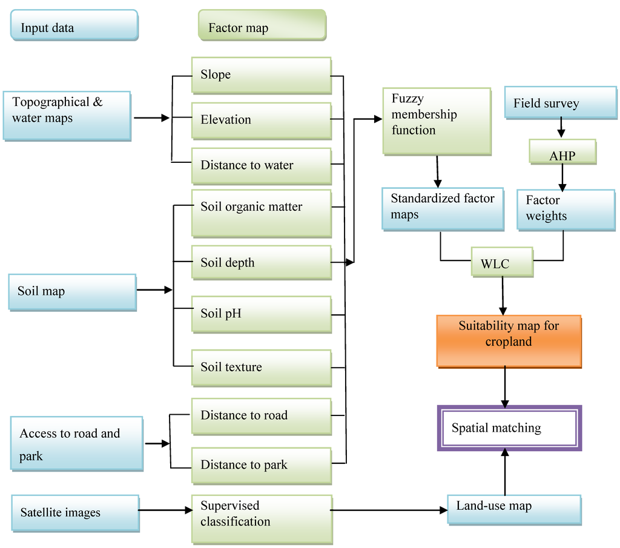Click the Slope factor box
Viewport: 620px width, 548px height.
(x=261, y=75)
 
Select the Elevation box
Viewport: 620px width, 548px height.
(x=261, y=120)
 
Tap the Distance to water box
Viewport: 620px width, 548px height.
(x=261, y=165)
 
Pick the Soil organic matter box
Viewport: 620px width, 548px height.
(x=261, y=213)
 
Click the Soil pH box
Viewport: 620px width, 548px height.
(x=261, y=314)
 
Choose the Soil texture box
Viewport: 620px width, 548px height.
(x=261, y=368)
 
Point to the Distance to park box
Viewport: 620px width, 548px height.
(x=261, y=465)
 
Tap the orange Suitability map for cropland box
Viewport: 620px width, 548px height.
(x=509, y=341)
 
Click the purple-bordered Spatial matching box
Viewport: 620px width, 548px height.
(x=509, y=428)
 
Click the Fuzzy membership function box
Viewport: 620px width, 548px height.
(x=437, y=120)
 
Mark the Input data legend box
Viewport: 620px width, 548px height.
(x=74, y=25)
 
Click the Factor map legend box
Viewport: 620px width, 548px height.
(x=262, y=25)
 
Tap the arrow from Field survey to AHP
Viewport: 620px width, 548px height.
(x=561, y=128)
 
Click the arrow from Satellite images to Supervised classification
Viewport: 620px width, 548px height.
(x=165, y=510)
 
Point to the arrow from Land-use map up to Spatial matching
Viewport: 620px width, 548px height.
(x=504, y=472)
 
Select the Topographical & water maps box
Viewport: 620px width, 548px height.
(x=67, y=116)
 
